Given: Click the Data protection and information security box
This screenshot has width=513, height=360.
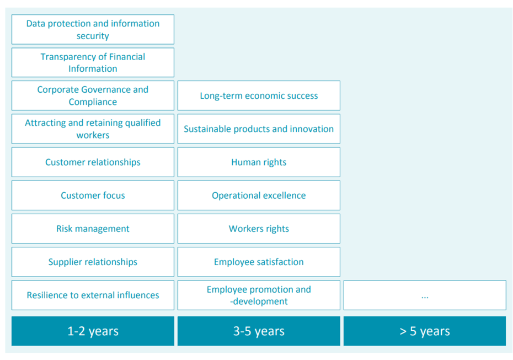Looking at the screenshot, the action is coord(93,29).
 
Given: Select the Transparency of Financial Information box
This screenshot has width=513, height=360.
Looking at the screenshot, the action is coord(93,62).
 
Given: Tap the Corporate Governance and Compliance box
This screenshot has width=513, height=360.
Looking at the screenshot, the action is coord(93,96).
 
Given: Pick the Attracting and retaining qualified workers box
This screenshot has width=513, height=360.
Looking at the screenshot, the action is coord(93,129).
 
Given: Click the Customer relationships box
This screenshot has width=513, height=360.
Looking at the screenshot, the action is coord(93,162).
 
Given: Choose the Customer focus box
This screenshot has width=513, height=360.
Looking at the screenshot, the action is coord(93,195).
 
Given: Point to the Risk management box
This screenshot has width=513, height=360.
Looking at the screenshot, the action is coord(93,229).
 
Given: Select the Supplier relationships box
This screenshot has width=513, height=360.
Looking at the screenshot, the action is coord(93,262).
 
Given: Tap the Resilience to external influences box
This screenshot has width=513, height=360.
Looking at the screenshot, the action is coord(93,295).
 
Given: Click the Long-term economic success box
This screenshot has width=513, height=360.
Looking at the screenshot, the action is coord(259,96).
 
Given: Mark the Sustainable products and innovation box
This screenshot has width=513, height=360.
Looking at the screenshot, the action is coord(259,129).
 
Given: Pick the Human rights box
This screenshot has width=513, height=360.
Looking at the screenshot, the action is coord(259,162).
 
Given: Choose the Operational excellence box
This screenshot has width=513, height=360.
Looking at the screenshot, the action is coord(259,195).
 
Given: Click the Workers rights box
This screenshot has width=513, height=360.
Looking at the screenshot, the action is coord(259,229).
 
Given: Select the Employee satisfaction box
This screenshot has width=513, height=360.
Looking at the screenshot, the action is coord(259,262).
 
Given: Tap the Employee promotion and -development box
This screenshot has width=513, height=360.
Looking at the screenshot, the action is coord(259,295).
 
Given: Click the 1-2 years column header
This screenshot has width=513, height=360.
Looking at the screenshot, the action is coord(93,331).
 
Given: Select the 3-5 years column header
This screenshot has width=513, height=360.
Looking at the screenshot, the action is coord(259,331).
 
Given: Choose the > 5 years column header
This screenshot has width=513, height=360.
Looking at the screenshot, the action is coord(425,331).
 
